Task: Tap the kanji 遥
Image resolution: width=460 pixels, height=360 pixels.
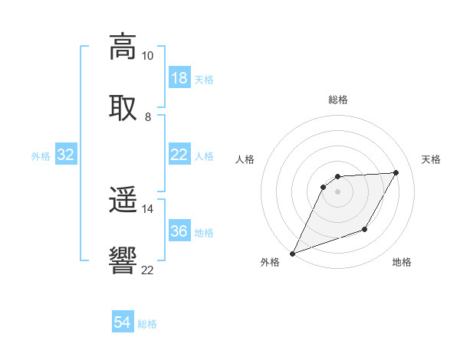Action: [x=123, y=201]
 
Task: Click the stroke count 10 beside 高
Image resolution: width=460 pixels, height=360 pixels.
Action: [x=147, y=56]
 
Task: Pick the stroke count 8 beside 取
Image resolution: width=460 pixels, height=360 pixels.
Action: [x=148, y=116]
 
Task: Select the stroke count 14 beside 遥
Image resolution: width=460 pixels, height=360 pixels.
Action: [x=147, y=208]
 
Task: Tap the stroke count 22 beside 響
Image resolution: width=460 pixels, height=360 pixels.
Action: [x=147, y=269]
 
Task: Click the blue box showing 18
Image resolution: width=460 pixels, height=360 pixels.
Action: [x=179, y=78]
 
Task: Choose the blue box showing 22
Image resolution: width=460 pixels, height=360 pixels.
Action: [x=179, y=155]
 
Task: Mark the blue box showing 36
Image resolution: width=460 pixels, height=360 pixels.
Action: [x=179, y=231]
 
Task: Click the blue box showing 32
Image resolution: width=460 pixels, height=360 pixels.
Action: [x=66, y=155]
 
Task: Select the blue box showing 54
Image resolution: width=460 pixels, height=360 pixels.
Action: [x=123, y=323]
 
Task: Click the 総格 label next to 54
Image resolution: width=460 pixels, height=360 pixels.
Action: [x=147, y=324]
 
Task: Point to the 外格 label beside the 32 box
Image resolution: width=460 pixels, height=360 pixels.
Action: [x=41, y=155]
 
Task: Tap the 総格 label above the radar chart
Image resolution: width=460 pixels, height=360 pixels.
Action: [x=337, y=100]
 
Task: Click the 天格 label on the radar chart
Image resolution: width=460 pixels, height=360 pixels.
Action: [x=432, y=159]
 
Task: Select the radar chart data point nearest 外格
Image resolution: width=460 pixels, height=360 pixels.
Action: [x=292, y=254]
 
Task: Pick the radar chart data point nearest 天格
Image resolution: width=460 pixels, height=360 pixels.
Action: [x=396, y=172]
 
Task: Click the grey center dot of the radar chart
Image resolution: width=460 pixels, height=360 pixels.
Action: [x=337, y=191]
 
